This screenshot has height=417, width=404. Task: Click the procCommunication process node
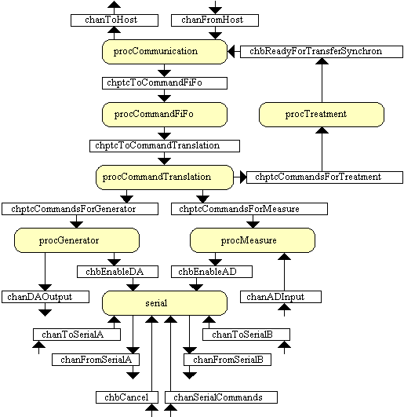point(165,52)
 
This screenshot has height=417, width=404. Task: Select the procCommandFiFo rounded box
point(165,115)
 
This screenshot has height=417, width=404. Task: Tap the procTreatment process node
point(322,115)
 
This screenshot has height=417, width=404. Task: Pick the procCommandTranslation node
point(165,177)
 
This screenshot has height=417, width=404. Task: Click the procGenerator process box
point(77,240)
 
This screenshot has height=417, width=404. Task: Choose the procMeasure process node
point(253,240)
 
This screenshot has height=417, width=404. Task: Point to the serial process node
point(165,303)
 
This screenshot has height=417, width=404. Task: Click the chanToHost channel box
point(115,20)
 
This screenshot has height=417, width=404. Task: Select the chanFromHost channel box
point(215,20)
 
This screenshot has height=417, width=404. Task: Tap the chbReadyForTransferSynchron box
point(322,52)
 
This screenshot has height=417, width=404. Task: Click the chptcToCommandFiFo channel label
point(165,83)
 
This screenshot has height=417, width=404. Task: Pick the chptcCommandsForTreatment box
point(325,177)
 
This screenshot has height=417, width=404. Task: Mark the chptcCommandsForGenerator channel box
point(80,209)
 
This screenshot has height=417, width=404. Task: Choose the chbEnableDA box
point(118,272)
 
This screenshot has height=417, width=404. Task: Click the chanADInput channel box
point(281,297)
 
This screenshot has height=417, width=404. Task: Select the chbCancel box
point(127,397)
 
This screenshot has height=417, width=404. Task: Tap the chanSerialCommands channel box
point(221,397)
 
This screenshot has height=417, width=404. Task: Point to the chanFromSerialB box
point(227,360)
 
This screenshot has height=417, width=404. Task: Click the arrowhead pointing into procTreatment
point(322,130)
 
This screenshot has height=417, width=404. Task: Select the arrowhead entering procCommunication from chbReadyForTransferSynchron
point(231,52)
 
